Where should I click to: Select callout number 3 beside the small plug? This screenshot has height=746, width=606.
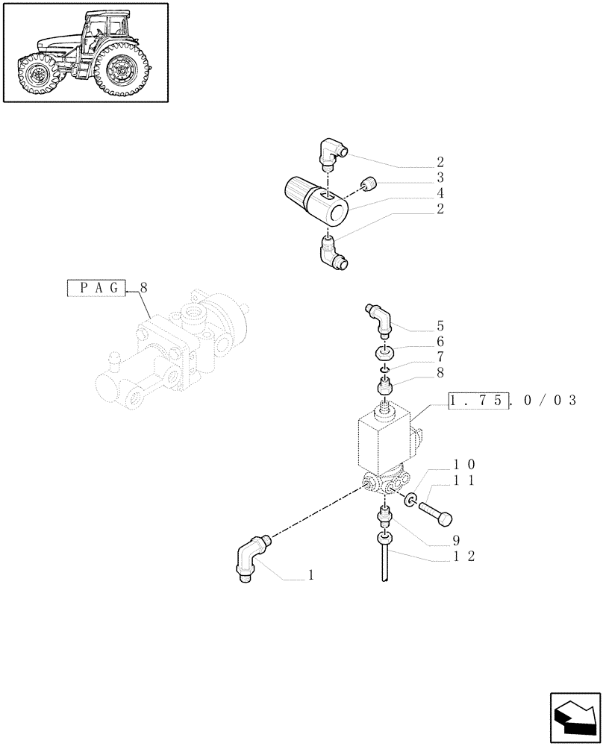[x=441, y=178]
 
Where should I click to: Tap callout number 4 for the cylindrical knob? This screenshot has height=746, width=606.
[x=441, y=193]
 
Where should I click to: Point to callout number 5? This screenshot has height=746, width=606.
[x=441, y=325]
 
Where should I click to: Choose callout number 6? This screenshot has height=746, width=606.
[x=441, y=341]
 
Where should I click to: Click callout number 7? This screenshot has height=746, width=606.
[x=441, y=357]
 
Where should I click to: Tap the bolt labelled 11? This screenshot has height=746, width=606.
[x=436, y=513]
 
